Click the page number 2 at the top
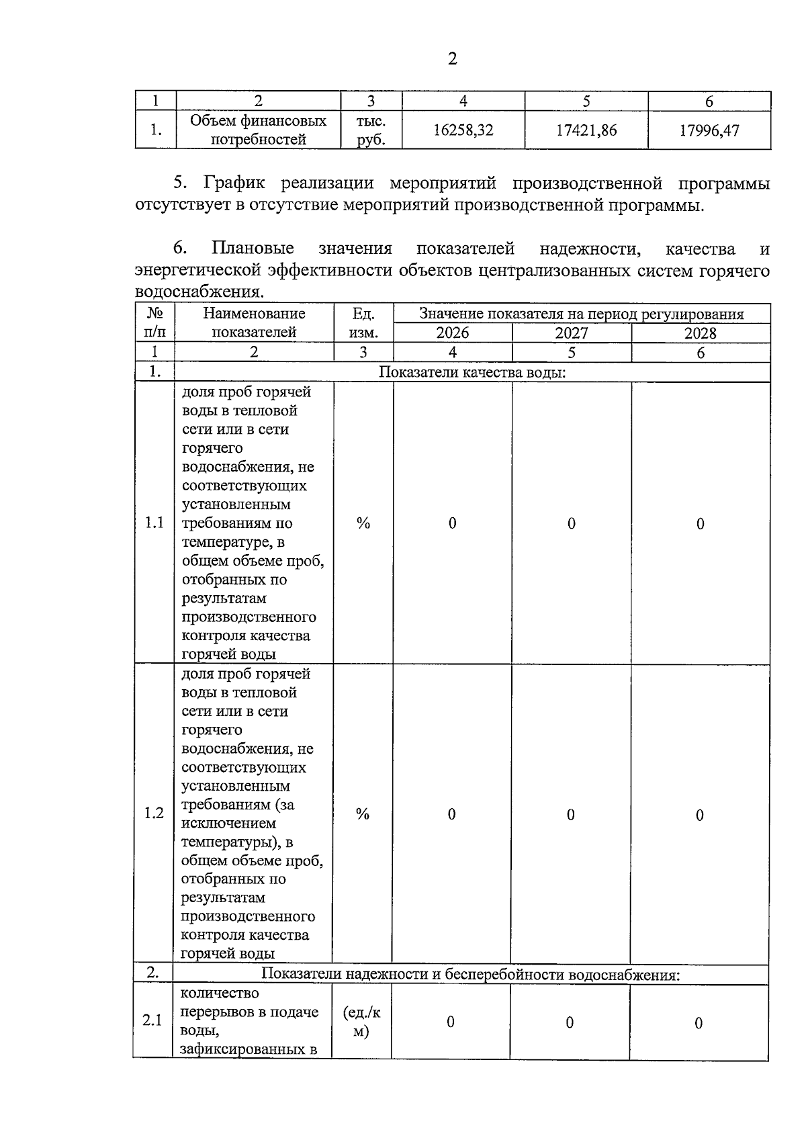[x=452, y=59]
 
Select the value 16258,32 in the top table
[x=463, y=130]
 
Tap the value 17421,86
[x=586, y=130]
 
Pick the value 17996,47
[x=709, y=130]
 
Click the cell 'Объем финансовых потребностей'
[x=258, y=130]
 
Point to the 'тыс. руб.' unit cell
[x=371, y=130]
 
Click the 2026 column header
[x=453, y=333]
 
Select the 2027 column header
[x=572, y=333]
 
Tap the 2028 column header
[x=701, y=333]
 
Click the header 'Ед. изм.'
[x=363, y=323]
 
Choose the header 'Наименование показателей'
[x=254, y=323]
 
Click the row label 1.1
[x=154, y=523]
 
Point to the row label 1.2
[x=154, y=814]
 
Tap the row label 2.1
[x=152, y=1021]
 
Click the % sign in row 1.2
[x=363, y=814]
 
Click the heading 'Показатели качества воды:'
[x=472, y=372]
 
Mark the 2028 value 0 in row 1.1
[x=700, y=524]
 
